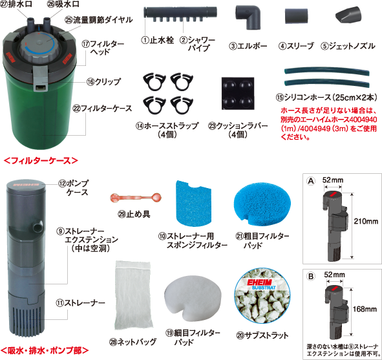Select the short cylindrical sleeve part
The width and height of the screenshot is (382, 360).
coord(296,16)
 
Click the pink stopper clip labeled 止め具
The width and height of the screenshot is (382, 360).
coord(135,198)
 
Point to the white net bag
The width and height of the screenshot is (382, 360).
coord(133,295)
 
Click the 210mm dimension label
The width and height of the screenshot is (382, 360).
coord(366,221)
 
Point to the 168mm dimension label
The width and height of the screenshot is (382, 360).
coord(365,309)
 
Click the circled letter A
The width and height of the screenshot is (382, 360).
coord(311,181)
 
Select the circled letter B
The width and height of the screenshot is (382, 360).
coord(311,276)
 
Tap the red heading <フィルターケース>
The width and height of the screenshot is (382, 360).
coord(41,160)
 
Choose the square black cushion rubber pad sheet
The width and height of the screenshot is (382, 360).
coord(238,94)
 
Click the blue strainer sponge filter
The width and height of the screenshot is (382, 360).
coord(194,203)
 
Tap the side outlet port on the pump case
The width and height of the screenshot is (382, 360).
coord(37,226)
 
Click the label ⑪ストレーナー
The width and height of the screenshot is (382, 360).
coord(80,302)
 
